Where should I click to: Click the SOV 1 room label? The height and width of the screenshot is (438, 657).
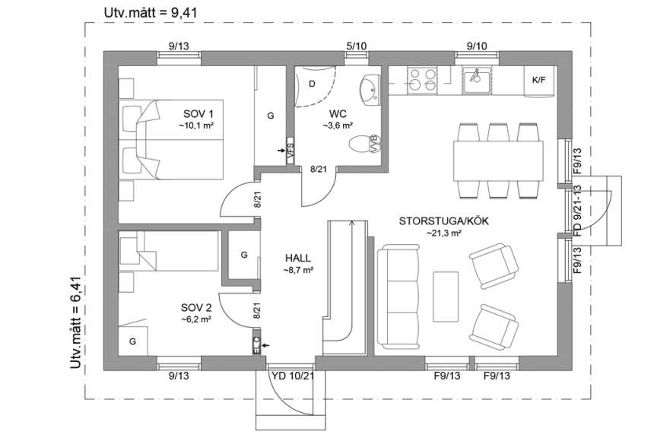(192, 113)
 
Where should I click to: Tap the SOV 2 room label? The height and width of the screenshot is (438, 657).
(195, 307)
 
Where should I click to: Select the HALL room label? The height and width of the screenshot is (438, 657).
(298, 258)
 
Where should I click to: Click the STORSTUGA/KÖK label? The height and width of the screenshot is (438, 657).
(444, 221)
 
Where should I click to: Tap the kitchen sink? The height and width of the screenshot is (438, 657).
(477, 78)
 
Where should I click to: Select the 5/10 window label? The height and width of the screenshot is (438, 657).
(356, 46)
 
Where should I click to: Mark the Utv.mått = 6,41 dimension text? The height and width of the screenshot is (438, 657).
(75, 322)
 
